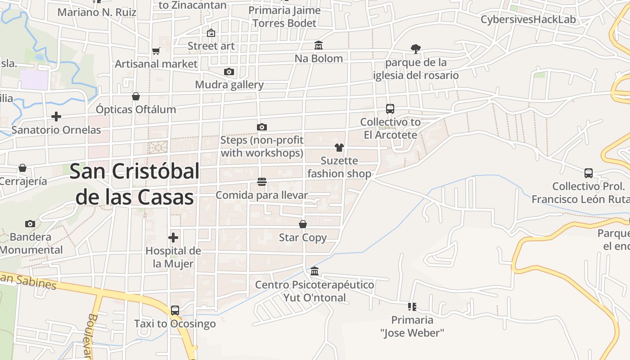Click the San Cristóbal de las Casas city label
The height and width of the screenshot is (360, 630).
point(135,184)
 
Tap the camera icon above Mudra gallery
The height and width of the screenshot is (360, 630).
point(229,72)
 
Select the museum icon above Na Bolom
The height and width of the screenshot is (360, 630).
point(319,45)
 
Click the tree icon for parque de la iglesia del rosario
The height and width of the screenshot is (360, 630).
point(416,49)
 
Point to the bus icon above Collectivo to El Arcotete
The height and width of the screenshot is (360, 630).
point(390,109)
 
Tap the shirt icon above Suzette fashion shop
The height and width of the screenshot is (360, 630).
point(339,148)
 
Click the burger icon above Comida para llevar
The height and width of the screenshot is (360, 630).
point(262,182)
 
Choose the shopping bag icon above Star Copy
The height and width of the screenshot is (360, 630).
point(303,224)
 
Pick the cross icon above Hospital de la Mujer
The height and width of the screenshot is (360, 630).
point(173,238)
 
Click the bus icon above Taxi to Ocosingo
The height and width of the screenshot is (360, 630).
point(175,310)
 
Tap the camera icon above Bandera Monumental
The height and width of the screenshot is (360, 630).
point(30,224)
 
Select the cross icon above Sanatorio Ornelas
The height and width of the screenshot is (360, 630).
point(56,117)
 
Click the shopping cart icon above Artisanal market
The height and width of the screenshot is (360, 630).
point(156,51)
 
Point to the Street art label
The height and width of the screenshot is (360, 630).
point(211,46)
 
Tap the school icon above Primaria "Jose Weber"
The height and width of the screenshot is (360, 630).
point(412,307)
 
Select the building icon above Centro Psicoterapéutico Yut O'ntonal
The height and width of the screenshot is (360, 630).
point(315,271)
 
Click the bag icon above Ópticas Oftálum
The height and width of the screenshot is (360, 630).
point(136,96)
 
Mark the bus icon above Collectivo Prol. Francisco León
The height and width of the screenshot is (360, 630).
point(588,173)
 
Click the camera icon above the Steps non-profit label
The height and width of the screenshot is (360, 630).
point(262,127)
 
